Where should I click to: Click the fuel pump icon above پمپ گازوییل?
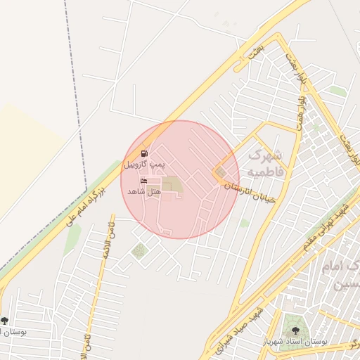coord(145,153)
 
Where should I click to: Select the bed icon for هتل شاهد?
coord(144,181)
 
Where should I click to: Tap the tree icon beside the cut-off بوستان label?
coord(5,321)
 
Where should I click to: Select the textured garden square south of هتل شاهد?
coord(139,250)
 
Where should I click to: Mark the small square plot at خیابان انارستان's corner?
coord(221,172)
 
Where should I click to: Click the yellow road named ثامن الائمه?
coord(98,281)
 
